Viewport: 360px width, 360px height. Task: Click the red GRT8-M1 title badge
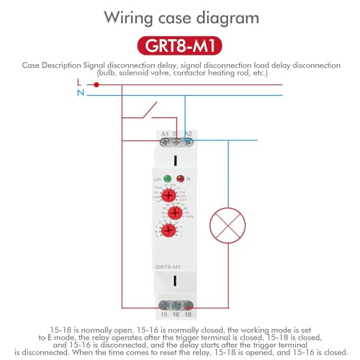click(x=179, y=46)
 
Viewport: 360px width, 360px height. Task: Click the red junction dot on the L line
click(x=96, y=84)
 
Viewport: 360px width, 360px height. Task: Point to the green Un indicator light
click(x=167, y=178)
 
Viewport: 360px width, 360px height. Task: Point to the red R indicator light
click(x=181, y=178)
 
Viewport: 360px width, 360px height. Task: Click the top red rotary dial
click(x=168, y=194)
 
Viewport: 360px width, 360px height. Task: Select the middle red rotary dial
click(x=175, y=212)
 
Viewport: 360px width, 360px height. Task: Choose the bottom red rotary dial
click(x=168, y=230)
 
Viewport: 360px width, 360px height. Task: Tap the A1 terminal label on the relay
click(x=165, y=134)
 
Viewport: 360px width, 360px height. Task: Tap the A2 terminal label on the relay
click(x=188, y=134)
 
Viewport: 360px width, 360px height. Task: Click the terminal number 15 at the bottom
click(x=163, y=314)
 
